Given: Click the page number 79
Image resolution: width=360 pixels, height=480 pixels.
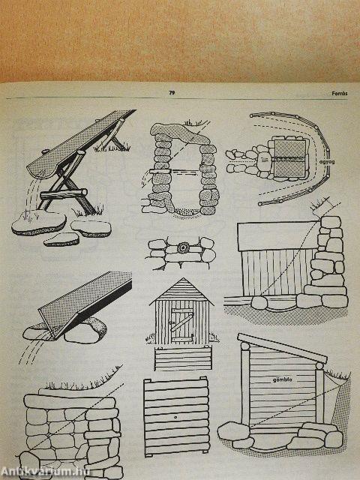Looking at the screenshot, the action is pyautogui.click(x=172, y=93).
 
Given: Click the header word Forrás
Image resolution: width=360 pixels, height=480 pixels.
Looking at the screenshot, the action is pyautogui.click(x=340, y=94).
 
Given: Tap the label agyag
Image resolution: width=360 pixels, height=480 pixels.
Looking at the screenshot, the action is pyautogui.click(x=327, y=162).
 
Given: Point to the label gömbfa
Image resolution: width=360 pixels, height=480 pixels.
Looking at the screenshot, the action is pyautogui.click(x=282, y=379).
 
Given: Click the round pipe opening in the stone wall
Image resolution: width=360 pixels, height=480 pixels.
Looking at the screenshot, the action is pyautogui.click(x=184, y=247).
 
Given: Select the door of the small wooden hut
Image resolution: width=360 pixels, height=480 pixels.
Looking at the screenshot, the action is pyautogui.click(x=181, y=325).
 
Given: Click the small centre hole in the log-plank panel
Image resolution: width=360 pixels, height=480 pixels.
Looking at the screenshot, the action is pyautogui.click(x=175, y=417).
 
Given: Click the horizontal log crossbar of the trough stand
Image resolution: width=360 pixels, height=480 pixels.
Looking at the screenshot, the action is pyautogui.click(x=64, y=194).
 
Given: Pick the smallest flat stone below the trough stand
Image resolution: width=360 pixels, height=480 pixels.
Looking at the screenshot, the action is pyautogui.click(x=61, y=239).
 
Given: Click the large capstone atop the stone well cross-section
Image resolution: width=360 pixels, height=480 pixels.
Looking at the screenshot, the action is pyautogui.click(x=179, y=133).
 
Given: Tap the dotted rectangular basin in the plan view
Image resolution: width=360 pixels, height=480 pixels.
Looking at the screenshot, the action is pyautogui.click(x=289, y=158).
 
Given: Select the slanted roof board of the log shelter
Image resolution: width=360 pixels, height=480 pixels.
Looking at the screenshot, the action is pyautogui.click(x=282, y=348).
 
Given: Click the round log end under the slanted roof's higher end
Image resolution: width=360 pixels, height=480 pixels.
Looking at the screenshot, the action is pyautogui.click(x=245, y=346).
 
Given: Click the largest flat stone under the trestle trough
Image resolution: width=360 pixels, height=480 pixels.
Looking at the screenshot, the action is pyautogui.click(x=39, y=223).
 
